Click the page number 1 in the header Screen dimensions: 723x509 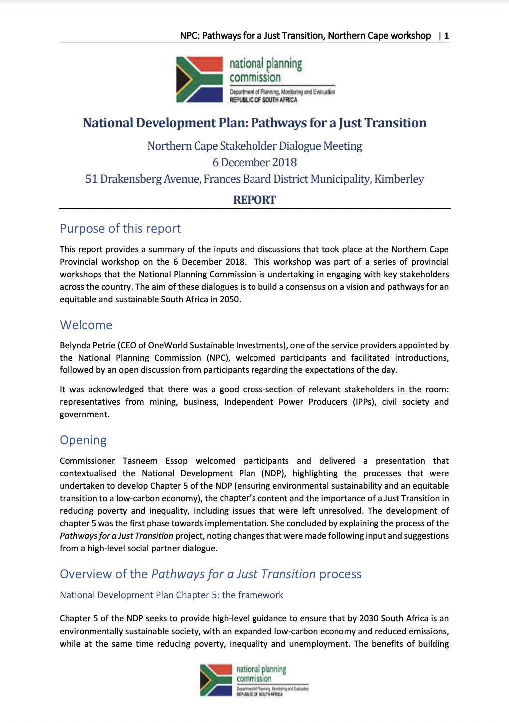447,36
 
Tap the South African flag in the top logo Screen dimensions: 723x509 199,79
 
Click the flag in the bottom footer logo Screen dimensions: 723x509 216,680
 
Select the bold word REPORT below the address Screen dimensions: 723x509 254,200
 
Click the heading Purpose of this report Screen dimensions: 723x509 120,229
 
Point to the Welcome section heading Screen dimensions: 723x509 86,325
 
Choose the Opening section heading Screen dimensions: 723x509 83,440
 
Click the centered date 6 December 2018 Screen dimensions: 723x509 254,163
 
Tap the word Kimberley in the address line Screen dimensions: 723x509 399,179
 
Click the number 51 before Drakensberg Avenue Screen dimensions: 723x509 91,179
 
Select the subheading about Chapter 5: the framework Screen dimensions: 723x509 172,595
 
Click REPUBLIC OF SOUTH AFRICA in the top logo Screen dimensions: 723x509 263,100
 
